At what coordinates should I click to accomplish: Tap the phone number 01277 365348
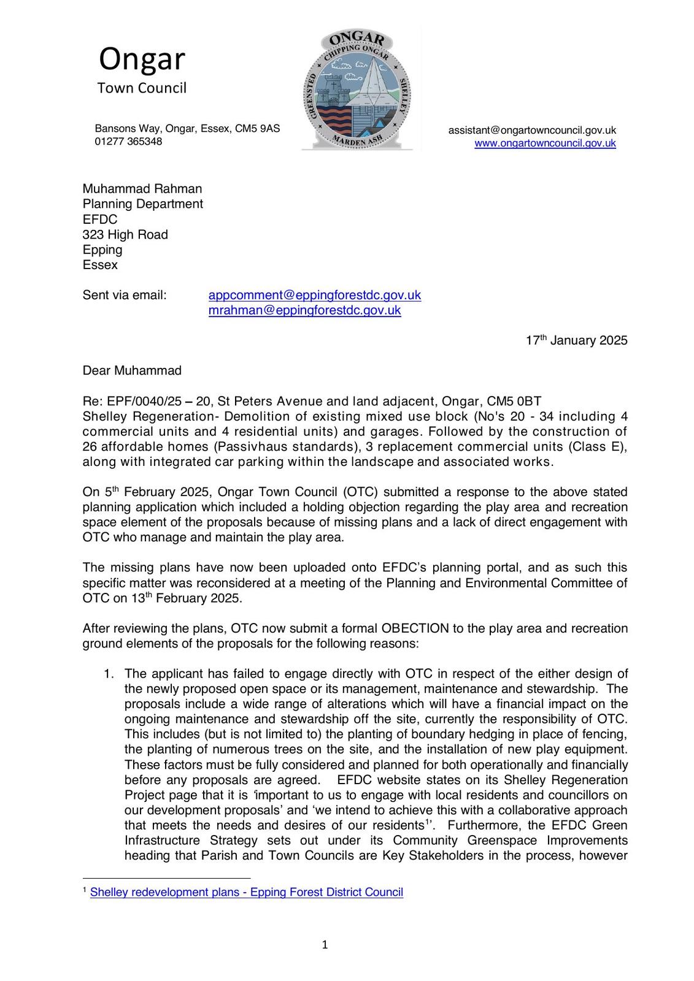click(128, 142)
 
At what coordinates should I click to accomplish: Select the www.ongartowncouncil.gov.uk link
click(545, 143)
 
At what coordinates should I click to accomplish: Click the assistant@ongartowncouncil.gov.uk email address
click(532, 130)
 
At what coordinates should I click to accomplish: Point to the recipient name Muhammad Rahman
click(142, 189)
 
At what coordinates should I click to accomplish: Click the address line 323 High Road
click(125, 234)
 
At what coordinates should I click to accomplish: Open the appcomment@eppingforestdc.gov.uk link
click(315, 295)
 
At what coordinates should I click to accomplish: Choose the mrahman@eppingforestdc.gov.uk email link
click(304, 310)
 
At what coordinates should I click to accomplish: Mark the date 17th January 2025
click(576, 340)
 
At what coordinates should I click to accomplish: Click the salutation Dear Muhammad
click(132, 370)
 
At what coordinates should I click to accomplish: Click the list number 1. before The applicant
click(109, 674)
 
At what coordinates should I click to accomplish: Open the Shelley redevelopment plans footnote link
click(246, 893)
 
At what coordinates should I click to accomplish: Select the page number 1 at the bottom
click(325, 945)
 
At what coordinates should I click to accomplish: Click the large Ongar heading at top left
click(142, 59)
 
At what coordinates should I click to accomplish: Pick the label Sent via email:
click(125, 295)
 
